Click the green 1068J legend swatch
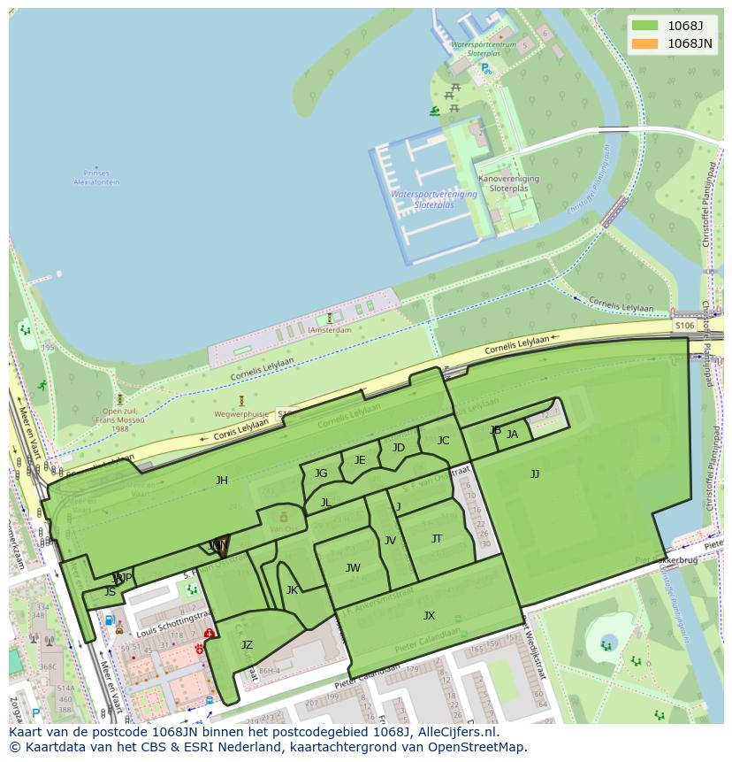[644, 26]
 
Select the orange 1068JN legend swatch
[644, 43]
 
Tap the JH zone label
[222, 481]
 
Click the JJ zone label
[535, 474]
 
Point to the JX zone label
[429, 616]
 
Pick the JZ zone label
[247, 645]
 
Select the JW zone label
[353, 568]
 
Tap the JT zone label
[437, 539]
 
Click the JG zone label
[321, 473]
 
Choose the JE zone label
[360, 460]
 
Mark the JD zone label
[399, 448]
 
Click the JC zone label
[443, 441]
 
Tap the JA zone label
[512, 435]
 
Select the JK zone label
[292, 590]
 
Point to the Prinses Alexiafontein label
[96, 178]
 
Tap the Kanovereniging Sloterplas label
[508, 183]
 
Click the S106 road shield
[684, 327]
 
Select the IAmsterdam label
[330, 330]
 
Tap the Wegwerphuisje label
[240, 413]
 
